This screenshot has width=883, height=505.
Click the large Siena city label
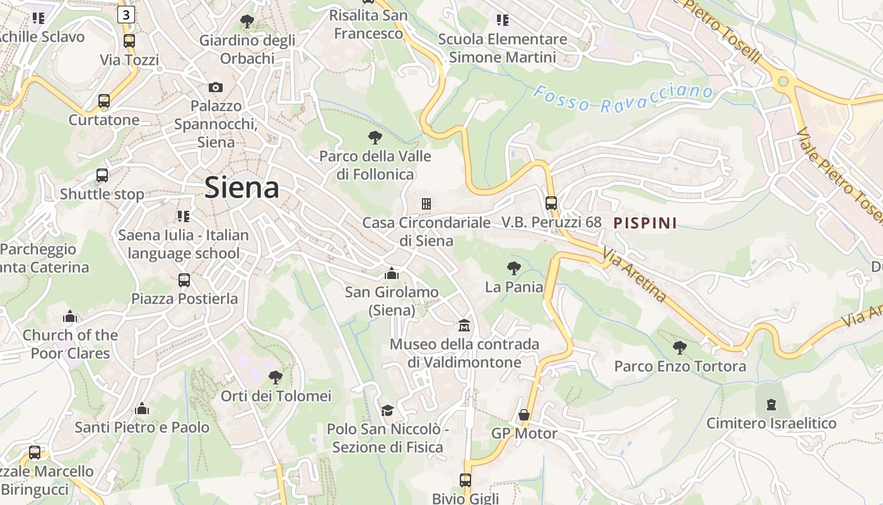pyautogui.click(x=242, y=188)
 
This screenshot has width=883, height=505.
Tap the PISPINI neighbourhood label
pyautogui.click(x=645, y=223)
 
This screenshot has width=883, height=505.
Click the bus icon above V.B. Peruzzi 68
pyautogui.click(x=551, y=203)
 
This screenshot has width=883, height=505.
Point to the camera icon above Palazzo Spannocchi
pyautogui.click(x=216, y=87)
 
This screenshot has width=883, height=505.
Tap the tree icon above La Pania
pyautogui.click(x=514, y=268)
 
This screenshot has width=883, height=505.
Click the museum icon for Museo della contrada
pyautogui.click(x=464, y=326)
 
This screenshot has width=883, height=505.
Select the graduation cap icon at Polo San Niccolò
pyautogui.click(x=387, y=410)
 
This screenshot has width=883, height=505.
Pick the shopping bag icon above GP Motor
pyautogui.click(x=523, y=415)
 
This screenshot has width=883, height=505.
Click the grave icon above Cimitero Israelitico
pyautogui.click(x=771, y=404)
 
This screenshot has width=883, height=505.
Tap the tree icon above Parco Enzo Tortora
pyautogui.click(x=679, y=347)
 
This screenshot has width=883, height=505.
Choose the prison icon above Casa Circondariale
pyautogui.click(x=426, y=203)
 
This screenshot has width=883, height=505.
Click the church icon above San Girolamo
pyautogui.click(x=392, y=273)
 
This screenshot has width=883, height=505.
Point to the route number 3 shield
pyautogui.click(x=126, y=15)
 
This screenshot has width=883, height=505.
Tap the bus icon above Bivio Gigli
pyautogui.click(x=465, y=480)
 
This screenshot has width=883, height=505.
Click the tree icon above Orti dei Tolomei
pyautogui.click(x=275, y=377)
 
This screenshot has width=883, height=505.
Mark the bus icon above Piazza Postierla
pyautogui.click(x=184, y=280)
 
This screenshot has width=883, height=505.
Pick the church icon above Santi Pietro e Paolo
pyautogui.click(x=142, y=409)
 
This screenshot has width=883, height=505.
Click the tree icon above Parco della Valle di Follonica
pyautogui.click(x=375, y=137)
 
